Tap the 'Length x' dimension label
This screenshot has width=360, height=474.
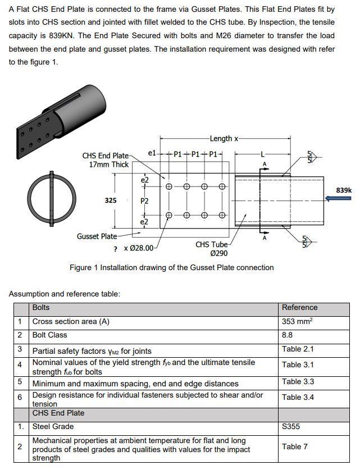224,138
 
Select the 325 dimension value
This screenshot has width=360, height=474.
110,200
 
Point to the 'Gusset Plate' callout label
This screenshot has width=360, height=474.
97,236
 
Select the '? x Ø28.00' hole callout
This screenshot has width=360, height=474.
133,248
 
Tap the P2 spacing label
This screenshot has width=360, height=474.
144,200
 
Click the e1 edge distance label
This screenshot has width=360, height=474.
152,153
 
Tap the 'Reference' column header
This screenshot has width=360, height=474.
299,308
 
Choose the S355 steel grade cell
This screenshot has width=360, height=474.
291,426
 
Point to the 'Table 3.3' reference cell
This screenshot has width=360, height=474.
298,382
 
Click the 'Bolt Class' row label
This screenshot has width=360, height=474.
49,335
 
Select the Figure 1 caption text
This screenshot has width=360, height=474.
171,267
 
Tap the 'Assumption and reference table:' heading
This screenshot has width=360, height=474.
64,294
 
